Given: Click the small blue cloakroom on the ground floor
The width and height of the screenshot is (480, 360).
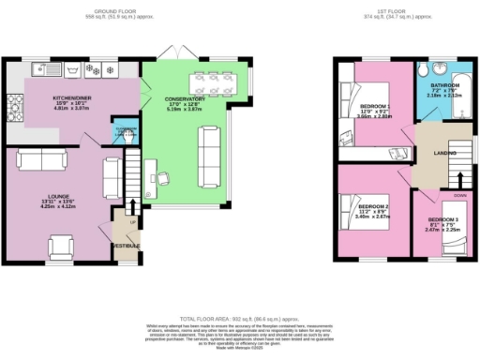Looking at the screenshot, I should [x=121, y=132].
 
